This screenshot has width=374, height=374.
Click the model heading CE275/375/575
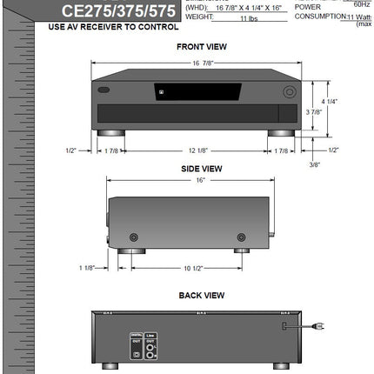tap(117, 10)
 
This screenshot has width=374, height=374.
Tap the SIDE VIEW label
tap(201, 168)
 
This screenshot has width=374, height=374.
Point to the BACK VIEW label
tap(201, 295)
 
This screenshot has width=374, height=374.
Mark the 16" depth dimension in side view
tap(200, 181)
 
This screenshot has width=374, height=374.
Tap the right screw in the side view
tap(241, 237)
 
